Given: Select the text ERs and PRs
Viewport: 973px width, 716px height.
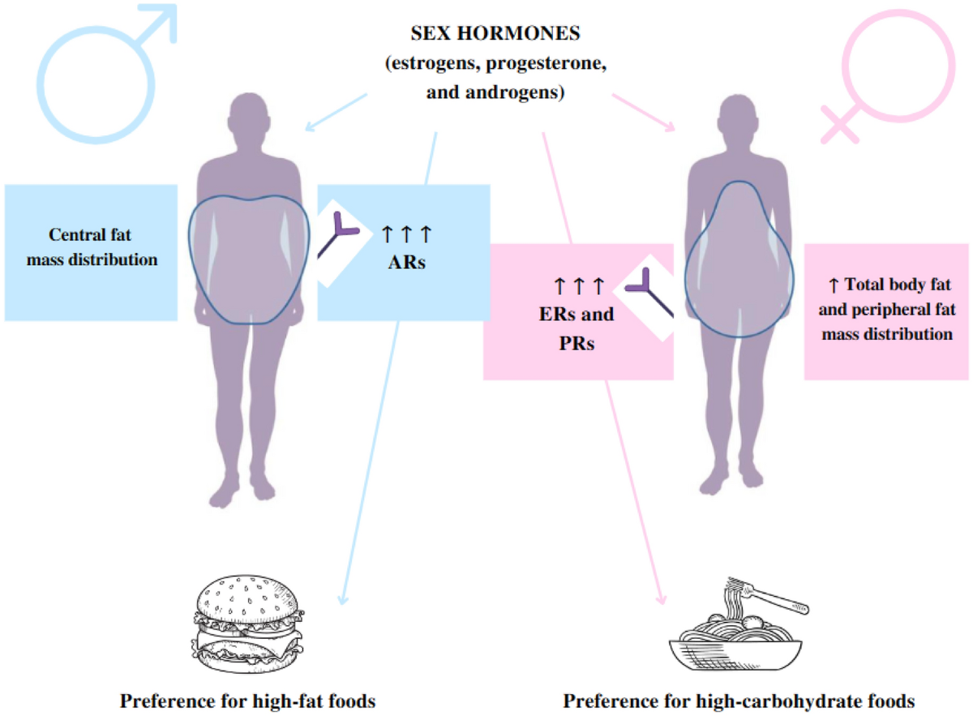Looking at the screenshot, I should click(578, 328).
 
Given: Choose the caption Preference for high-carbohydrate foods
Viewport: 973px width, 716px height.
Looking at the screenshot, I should click(739, 700).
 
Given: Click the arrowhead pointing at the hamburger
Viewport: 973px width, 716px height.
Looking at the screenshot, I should click(341, 599).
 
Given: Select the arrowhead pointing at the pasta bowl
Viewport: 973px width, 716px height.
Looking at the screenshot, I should click(662, 599).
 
